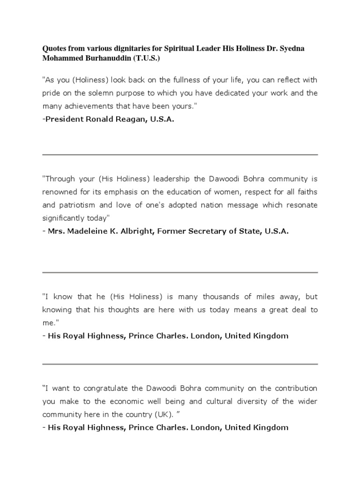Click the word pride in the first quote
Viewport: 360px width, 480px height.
pos(51,93)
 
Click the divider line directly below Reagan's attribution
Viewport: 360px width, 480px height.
pos(180,155)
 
